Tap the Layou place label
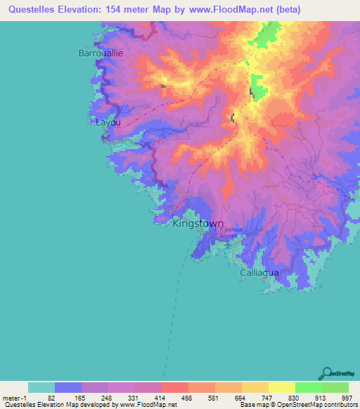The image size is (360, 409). pos(108,122)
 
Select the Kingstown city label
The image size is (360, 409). pos(198,223)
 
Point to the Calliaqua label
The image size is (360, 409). pos(259,272)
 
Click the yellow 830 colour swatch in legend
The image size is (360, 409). pos(281,387)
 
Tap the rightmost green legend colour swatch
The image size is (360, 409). pos(335,387)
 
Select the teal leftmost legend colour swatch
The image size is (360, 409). pos(41,387)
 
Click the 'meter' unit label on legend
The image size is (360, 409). pos(12,397)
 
